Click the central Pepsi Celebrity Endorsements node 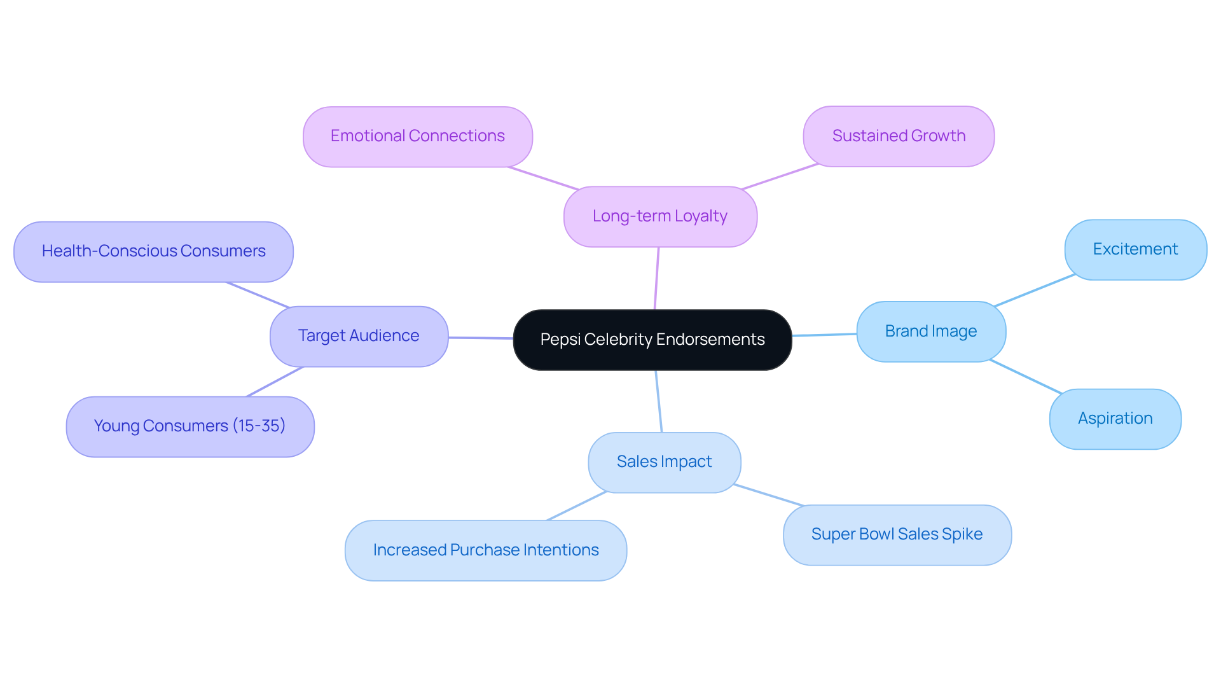652,340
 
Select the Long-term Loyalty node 660,216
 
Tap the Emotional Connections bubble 417,136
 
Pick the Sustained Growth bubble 898,136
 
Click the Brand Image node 931,331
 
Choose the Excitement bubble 1135,249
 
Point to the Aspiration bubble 1115,419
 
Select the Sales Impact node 664,462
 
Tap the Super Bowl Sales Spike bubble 897,534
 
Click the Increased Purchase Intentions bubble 486,550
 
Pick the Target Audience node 359,336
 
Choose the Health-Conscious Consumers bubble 153,251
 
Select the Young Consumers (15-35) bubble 190,426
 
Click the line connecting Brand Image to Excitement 1034,291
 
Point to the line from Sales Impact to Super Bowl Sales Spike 769,495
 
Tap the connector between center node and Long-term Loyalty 657,279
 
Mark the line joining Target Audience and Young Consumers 275,382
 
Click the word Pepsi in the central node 560,340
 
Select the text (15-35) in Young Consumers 259,426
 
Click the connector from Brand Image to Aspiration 1025,377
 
